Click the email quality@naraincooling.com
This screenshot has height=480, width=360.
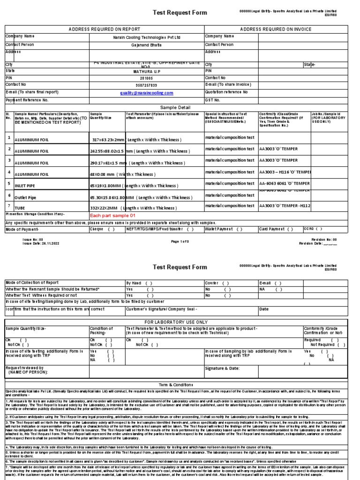[146, 93]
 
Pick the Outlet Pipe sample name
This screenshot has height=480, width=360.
[26, 198]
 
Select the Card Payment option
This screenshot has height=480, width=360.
[276, 229]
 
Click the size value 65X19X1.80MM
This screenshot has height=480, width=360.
[106, 185]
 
